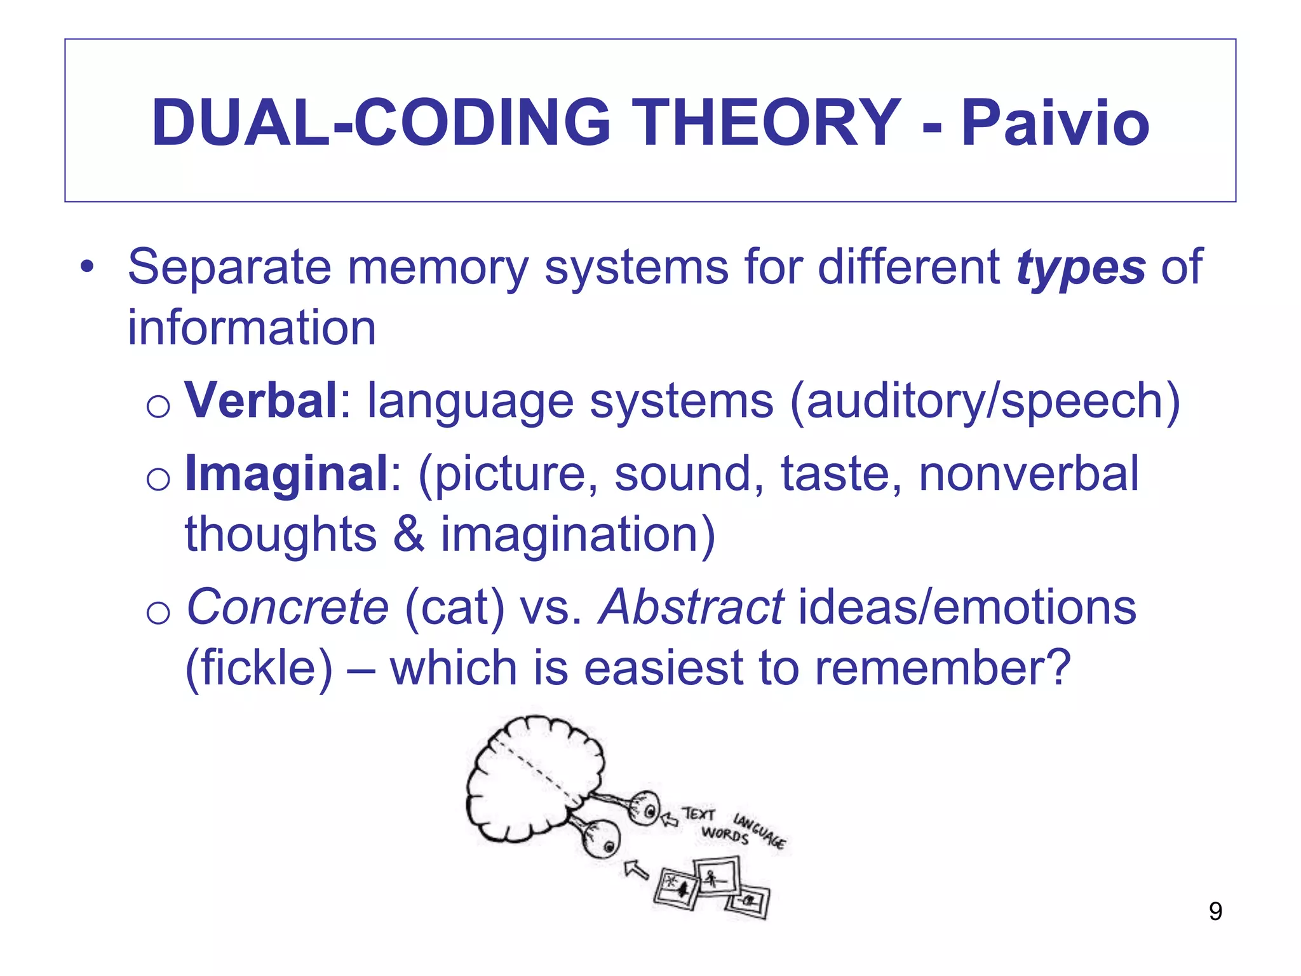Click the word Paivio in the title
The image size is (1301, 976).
1055,123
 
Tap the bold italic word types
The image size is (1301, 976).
1081,267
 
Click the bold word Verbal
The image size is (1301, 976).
260,400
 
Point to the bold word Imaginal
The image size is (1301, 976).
286,474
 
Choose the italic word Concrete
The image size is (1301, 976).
287,607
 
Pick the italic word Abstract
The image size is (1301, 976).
691,607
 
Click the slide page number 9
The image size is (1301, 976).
1215,912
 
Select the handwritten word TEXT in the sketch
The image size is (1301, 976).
699,814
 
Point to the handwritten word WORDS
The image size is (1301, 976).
725,834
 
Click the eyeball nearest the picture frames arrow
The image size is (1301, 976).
603,842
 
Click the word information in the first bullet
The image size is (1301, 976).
252,328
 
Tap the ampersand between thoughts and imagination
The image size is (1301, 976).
408,534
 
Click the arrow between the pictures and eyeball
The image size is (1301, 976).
636,869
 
